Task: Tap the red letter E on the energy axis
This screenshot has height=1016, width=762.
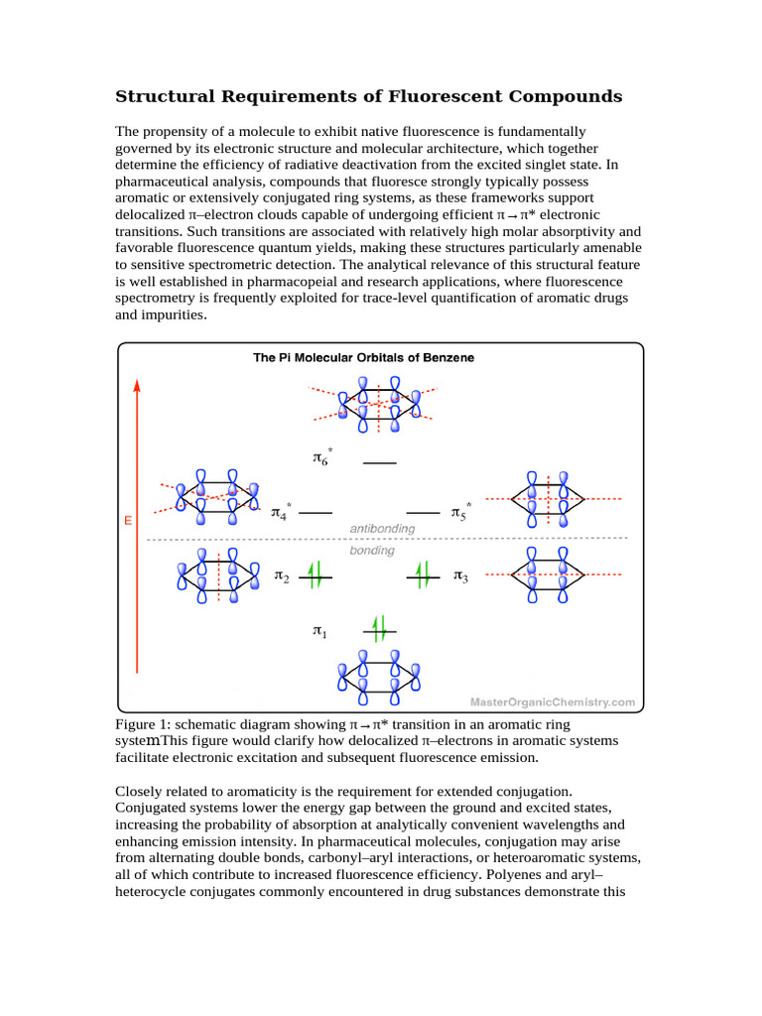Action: [x=129, y=520]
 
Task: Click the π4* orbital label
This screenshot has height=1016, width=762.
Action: [x=281, y=512]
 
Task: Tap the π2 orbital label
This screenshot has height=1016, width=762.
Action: [x=281, y=576]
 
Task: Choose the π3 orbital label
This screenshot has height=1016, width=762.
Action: [x=460, y=576]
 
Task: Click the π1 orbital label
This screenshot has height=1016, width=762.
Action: [x=318, y=631]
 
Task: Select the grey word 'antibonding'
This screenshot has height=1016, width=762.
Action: [x=381, y=528]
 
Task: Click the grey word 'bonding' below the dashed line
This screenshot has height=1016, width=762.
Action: [x=372, y=550]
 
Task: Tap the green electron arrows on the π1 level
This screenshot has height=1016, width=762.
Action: [x=378, y=627]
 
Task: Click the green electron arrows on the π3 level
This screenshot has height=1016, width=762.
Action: [x=422, y=574]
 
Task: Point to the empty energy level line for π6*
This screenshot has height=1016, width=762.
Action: [x=380, y=463]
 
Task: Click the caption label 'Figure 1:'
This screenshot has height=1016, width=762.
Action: [x=145, y=724]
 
